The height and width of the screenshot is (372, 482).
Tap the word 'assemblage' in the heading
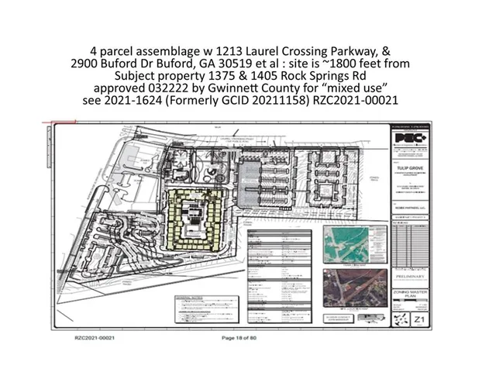172,48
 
